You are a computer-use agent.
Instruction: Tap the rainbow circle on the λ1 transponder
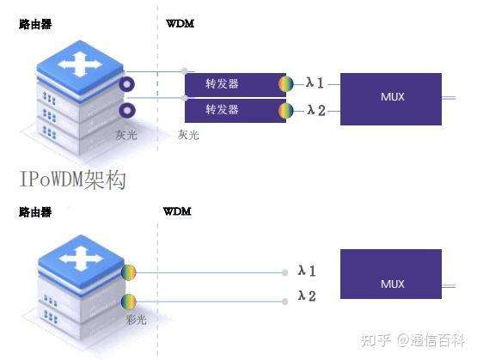pyautogui.click(x=286, y=84)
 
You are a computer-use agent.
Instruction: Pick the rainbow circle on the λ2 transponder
pyautogui.click(x=286, y=111)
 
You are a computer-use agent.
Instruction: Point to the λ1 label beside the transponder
pyautogui.click(x=315, y=83)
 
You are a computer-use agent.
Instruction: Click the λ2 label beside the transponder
pyautogui.click(x=315, y=110)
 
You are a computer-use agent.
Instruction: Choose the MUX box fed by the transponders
pyautogui.click(x=391, y=97)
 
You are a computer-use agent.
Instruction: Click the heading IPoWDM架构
pyautogui.click(x=74, y=180)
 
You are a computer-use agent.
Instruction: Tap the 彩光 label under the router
pyautogui.click(x=137, y=320)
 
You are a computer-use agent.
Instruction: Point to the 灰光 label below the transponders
pyautogui.click(x=188, y=135)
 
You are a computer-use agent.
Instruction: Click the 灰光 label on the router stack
pyautogui.click(x=126, y=135)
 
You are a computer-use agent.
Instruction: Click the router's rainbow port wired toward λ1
pyautogui.click(x=128, y=273)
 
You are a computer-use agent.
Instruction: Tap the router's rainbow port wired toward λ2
pyautogui.click(x=128, y=302)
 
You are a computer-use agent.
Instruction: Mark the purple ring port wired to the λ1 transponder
pyautogui.click(x=128, y=84)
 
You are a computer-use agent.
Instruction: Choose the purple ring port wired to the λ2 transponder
pyautogui.click(x=128, y=111)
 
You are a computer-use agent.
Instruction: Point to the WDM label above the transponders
pyautogui.click(x=180, y=23)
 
